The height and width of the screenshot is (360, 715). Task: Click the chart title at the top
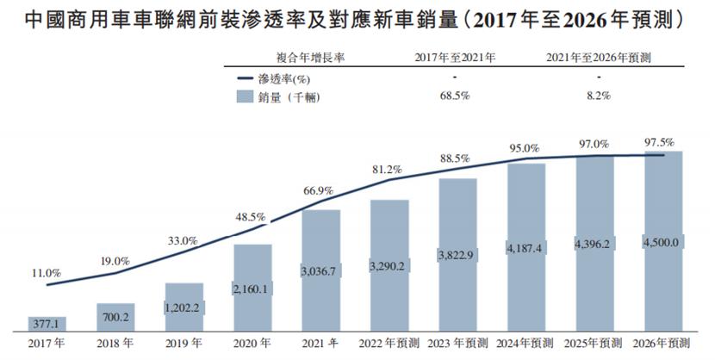coord(357,16)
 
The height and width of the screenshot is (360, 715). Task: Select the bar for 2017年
coord(47,324)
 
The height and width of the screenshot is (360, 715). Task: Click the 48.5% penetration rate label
coord(252,217)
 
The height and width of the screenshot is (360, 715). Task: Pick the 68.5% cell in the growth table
coord(454,96)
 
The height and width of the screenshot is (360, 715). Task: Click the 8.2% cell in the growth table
coord(598,96)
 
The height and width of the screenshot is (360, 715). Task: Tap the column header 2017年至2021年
coord(454,58)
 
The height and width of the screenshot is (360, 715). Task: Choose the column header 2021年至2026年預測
coord(598,58)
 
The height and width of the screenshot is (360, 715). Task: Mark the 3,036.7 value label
coord(320,271)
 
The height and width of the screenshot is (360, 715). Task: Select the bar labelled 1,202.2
coord(183,308)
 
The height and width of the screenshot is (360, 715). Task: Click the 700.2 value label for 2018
coord(115,318)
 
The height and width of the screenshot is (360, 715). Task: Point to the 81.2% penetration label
coord(388,171)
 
